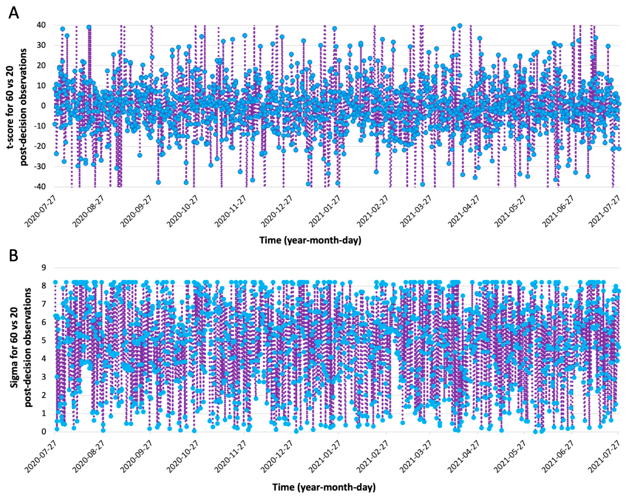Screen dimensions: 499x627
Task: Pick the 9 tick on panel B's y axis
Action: [44, 267]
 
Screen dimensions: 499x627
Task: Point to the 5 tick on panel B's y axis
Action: [44, 340]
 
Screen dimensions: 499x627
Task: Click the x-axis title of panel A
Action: [310, 240]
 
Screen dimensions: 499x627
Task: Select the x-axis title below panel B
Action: [324, 487]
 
